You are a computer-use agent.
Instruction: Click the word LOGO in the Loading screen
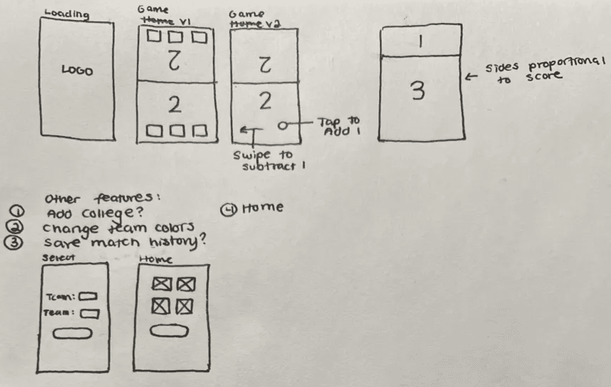(77, 71)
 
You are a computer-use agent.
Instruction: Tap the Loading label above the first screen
(67, 14)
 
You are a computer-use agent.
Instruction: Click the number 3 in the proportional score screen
(419, 93)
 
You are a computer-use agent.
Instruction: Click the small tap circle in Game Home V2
(283, 126)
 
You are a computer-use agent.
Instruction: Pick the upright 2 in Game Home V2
(264, 102)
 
